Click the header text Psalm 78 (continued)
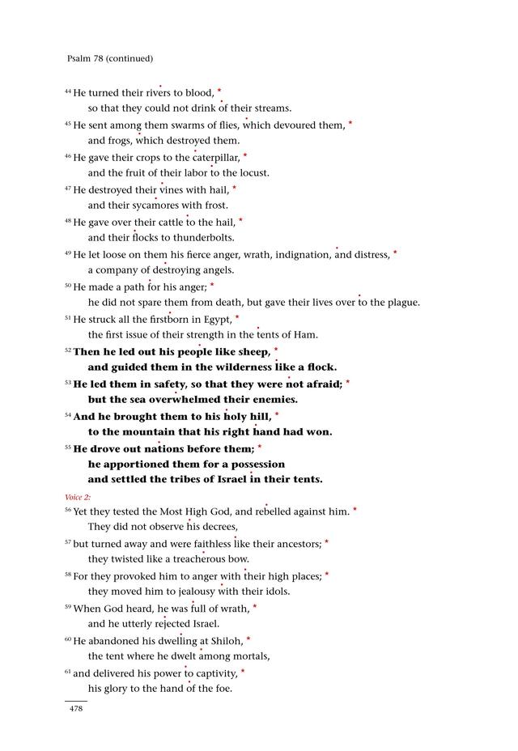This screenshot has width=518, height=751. [109, 58]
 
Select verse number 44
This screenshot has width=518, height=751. [68, 91]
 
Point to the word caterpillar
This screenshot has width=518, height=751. [215, 157]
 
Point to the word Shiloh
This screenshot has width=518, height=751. [226, 641]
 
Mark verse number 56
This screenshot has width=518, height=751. [68, 510]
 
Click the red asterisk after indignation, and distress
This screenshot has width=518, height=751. [395, 253]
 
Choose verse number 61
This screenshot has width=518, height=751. [68, 672]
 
